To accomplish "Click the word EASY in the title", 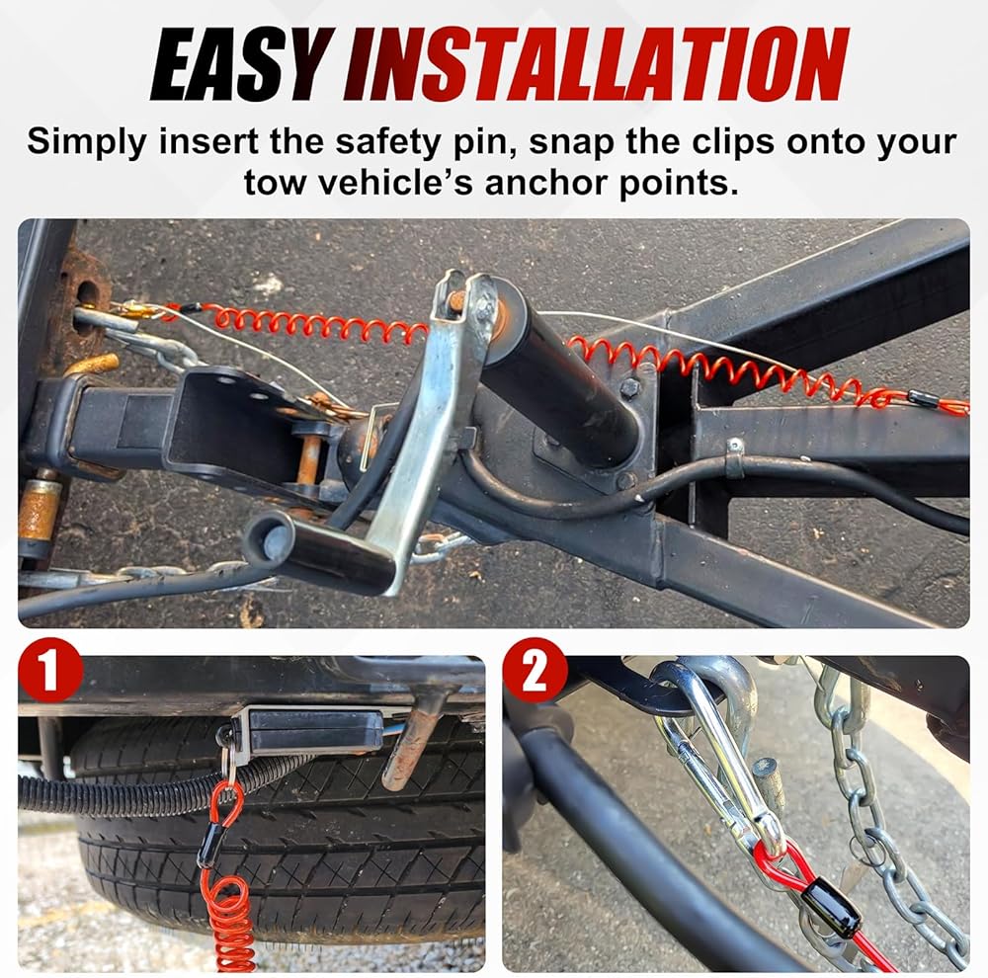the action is (x=241, y=65).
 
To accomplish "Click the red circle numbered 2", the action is (x=535, y=670).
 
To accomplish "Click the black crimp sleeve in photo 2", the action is (x=833, y=907).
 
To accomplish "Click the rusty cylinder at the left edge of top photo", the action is (x=38, y=511).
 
